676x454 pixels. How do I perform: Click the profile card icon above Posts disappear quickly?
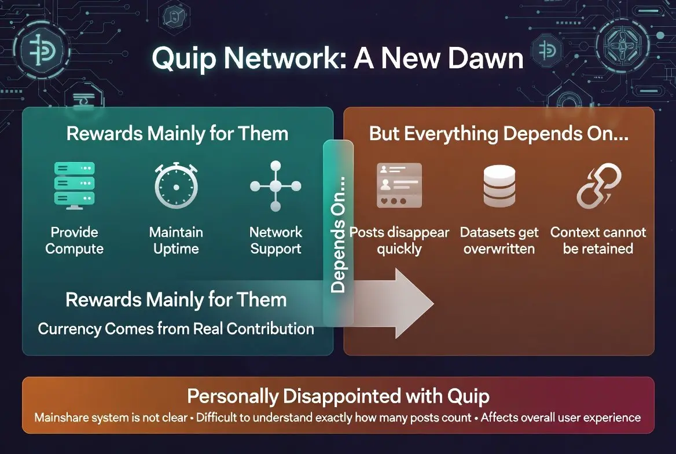pyautogui.click(x=399, y=185)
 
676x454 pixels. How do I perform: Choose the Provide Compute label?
pyautogui.click(x=74, y=240)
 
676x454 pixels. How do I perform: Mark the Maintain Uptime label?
pyautogui.click(x=176, y=240)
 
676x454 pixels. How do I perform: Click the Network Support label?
pyautogui.click(x=275, y=240)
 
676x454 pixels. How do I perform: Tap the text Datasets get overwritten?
pyautogui.click(x=499, y=240)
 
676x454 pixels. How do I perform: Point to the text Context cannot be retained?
pyautogui.click(x=598, y=240)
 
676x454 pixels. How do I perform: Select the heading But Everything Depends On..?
pyautogui.click(x=498, y=134)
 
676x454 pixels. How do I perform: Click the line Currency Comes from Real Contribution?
pyautogui.click(x=176, y=329)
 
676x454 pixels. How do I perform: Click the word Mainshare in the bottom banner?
pyautogui.click(x=60, y=418)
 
